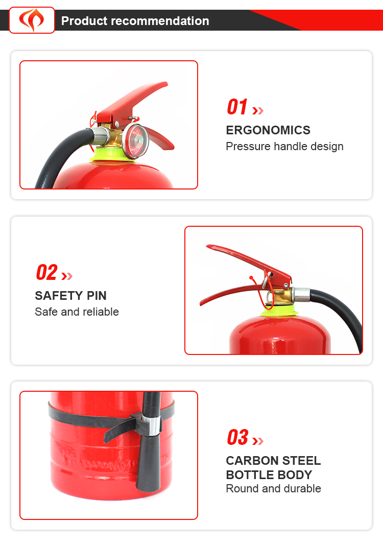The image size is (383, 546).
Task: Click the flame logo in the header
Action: [x=32, y=20]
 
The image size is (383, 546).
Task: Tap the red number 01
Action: [x=237, y=107]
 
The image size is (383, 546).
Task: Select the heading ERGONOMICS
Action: [x=268, y=130]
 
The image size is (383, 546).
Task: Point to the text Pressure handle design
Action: [x=284, y=146]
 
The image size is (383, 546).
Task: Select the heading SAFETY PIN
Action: [x=70, y=296]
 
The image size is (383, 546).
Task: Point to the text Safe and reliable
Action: [x=77, y=312]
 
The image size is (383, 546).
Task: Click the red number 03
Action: [x=238, y=437]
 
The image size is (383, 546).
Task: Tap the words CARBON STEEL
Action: [x=273, y=461]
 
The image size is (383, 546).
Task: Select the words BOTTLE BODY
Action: [x=269, y=474]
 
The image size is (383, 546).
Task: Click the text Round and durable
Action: [x=273, y=489]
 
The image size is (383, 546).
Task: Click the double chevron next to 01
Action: [x=258, y=111]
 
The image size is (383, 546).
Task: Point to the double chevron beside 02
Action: [x=67, y=276]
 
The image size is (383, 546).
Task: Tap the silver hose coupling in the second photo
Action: [x=301, y=295]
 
